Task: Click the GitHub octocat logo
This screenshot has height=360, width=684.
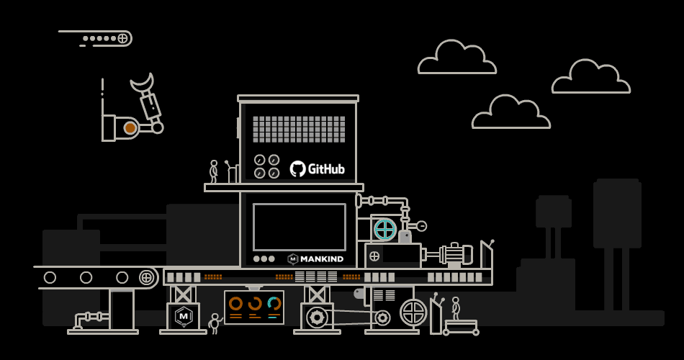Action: (x=297, y=169)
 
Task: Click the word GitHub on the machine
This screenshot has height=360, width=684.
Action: (x=326, y=169)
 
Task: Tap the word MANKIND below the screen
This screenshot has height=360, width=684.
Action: (x=321, y=259)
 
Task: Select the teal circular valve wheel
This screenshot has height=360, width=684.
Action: (x=384, y=230)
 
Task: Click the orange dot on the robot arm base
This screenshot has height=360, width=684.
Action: (x=130, y=128)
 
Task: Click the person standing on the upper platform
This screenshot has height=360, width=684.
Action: (x=213, y=171)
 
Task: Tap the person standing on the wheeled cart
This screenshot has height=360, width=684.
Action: (x=455, y=308)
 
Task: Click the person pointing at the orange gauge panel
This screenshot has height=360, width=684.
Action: (x=214, y=323)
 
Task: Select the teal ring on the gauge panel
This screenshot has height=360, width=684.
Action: (x=274, y=304)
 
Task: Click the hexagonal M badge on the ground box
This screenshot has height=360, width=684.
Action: (x=184, y=315)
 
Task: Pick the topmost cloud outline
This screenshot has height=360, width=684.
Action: (x=456, y=58)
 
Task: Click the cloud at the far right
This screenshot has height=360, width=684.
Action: (x=591, y=78)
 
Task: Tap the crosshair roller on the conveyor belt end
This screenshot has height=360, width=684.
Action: (x=146, y=277)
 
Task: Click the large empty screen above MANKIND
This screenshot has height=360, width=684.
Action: (x=299, y=227)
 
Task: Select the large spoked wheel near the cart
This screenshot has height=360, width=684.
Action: (x=413, y=312)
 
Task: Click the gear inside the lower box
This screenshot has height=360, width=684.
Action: (x=317, y=317)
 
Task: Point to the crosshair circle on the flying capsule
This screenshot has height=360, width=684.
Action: (x=122, y=38)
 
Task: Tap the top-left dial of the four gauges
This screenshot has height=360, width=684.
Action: (x=260, y=160)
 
